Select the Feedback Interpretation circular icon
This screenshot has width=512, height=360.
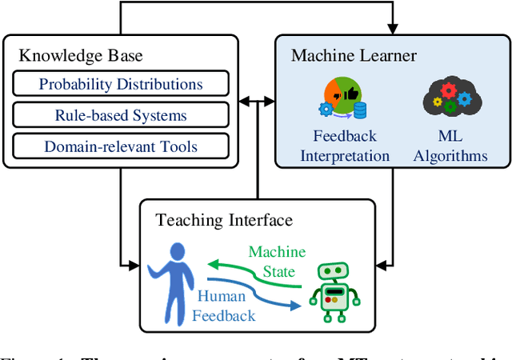pyautogui.click(x=345, y=95)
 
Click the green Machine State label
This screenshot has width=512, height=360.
pyautogui.click(x=277, y=262)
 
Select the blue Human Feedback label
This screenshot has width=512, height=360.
pyautogui.click(x=224, y=306)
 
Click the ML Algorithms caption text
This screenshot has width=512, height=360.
pyautogui.click(x=451, y=146)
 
